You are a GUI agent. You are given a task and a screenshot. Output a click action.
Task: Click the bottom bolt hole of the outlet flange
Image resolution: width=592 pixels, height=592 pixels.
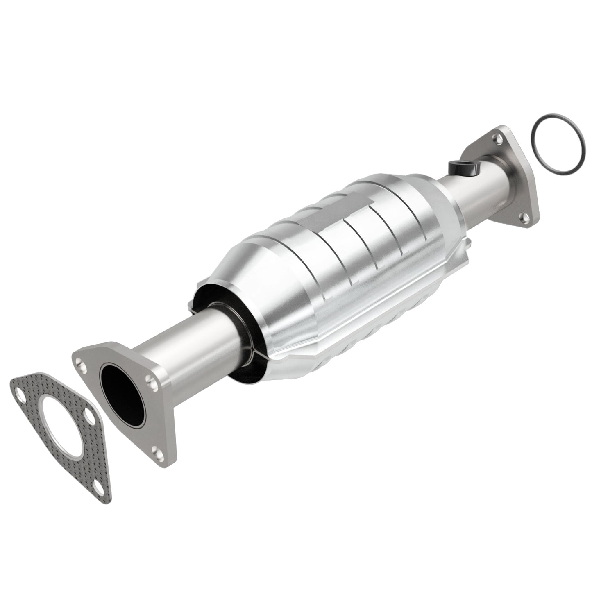click(x=523, y=215)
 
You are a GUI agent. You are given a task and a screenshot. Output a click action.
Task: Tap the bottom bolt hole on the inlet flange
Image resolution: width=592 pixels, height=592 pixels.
click(x=157, y=451)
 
